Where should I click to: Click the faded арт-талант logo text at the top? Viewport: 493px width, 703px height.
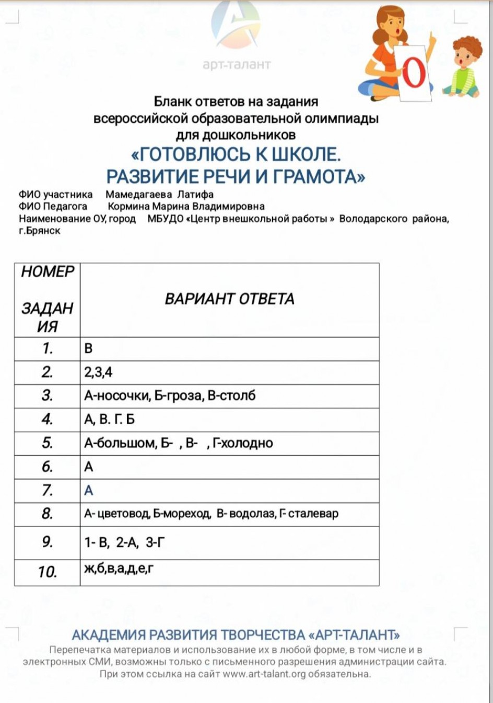[x=237, y=65]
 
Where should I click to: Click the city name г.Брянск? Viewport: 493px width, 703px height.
[x=40, y=231]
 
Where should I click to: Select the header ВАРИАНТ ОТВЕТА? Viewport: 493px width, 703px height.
[x=229, y=299]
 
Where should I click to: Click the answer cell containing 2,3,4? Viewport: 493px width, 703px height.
[x=98, y=372]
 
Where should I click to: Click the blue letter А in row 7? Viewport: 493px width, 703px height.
[x=89, y=491]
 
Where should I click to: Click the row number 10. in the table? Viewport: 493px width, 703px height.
[x=47, y=572]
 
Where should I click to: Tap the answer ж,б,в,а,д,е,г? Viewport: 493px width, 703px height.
[x=119, y=568]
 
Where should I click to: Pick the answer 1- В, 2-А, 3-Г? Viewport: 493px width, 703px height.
[x=125, y=543]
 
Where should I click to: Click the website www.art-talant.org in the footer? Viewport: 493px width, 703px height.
[x=264, y=674]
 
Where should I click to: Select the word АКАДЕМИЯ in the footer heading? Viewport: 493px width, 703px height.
[x=108, y=635]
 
